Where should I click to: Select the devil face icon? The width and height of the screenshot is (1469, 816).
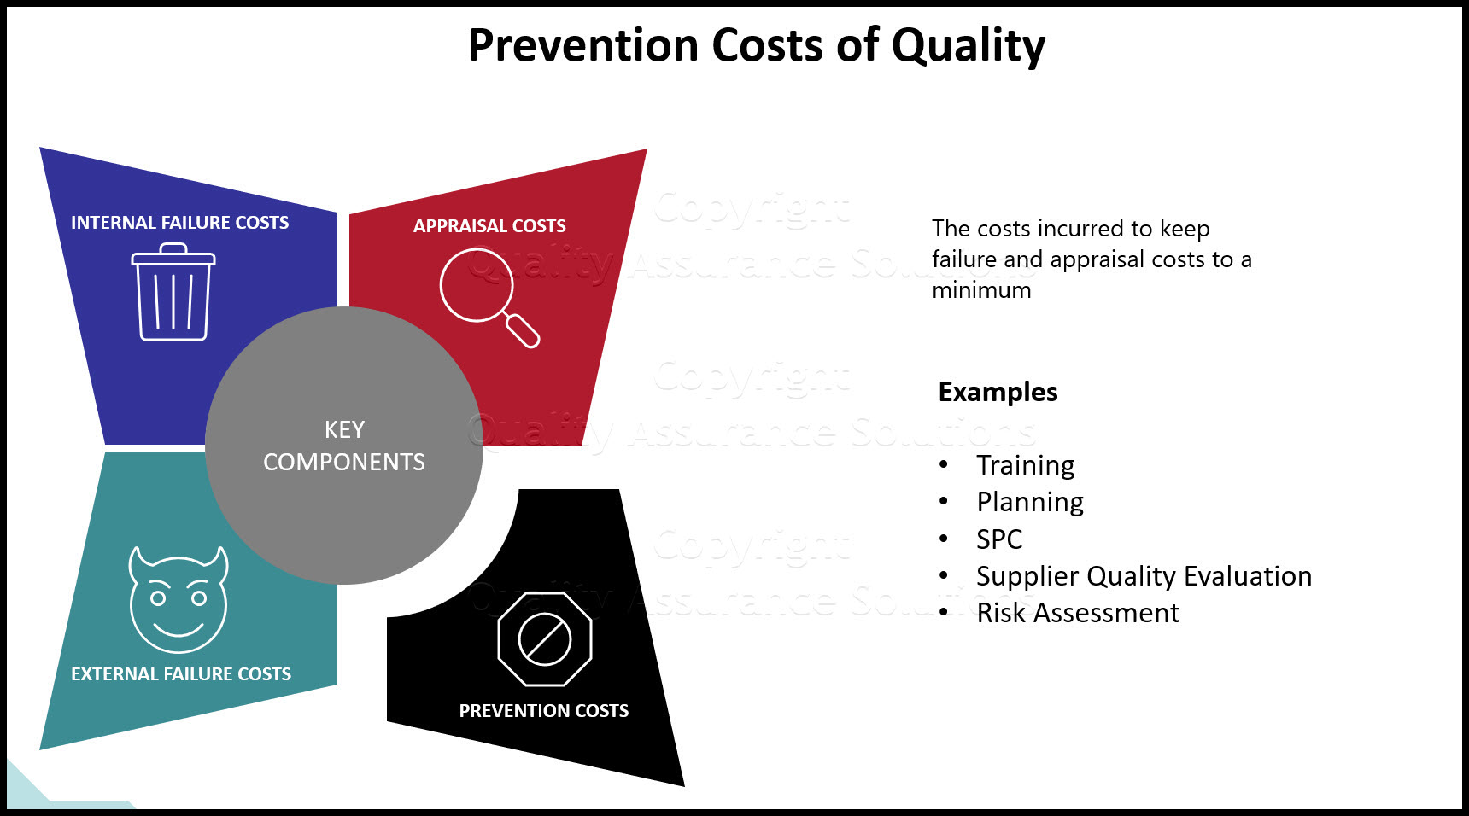click(178, 599)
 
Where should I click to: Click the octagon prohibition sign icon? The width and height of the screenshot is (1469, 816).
click(545, 638)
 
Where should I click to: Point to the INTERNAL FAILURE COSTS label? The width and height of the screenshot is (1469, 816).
click(179, 223)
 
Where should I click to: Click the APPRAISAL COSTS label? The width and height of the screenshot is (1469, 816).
click(489, 226)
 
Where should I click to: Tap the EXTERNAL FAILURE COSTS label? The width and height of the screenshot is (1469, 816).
click(181, 674)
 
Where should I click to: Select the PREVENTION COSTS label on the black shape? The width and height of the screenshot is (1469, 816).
click(543, 711)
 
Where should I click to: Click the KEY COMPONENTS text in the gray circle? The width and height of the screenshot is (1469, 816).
click(344, 446)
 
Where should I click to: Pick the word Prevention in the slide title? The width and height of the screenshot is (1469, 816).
click(582, 46)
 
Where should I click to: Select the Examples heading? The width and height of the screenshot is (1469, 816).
click(998, 392)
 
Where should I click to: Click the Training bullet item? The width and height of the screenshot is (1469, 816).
click(1025, 465)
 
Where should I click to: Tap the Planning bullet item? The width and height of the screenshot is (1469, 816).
click(1030, 503)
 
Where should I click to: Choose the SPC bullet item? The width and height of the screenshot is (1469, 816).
click(999, 539)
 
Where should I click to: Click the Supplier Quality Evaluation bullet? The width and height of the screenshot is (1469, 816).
click(1144, 576)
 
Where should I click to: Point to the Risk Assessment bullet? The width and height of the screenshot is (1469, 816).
click(1077, 613)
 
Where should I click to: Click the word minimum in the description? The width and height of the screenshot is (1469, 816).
click(981, 290)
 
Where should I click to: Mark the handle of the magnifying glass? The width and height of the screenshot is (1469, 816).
click(524, 331)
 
